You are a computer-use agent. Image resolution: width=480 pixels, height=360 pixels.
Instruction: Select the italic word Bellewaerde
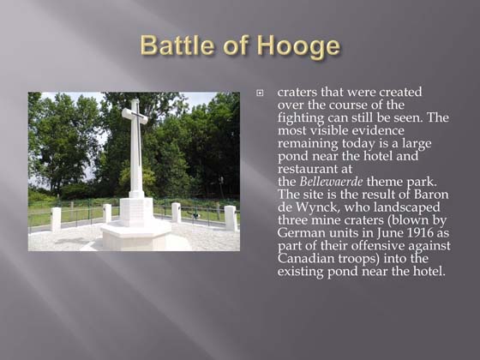(x=331, y=182)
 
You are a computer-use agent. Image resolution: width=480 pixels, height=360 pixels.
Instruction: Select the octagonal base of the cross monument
(x=135, y=233)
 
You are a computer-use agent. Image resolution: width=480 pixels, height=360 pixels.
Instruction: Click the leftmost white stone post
(x=57, y=219)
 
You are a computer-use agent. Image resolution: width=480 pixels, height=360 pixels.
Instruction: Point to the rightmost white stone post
(x=230, y=217)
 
